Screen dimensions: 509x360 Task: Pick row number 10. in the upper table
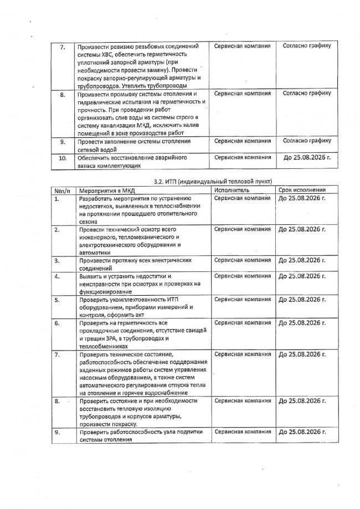click(x=63, y=158)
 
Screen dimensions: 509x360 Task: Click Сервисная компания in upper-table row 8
click(x=242, y=94)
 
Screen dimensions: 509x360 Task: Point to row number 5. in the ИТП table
click(x=57, y=300)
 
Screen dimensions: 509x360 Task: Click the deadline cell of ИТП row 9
click(x=301, y=431)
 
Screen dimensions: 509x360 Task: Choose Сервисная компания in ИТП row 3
click(x=242, y=260)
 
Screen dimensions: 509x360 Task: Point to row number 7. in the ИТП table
click(x=57, y=353)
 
